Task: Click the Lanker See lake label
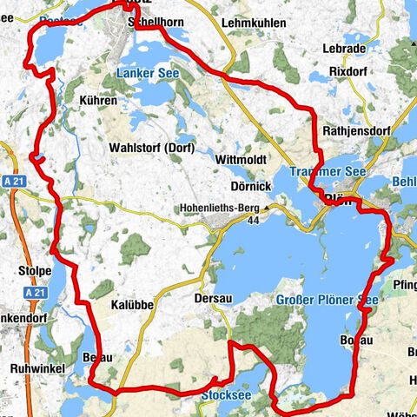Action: tap(147, 74)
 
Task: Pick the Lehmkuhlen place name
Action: tap(254, 23)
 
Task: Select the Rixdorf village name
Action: tap(347, 72)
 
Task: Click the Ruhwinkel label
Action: tap(32, 368)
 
